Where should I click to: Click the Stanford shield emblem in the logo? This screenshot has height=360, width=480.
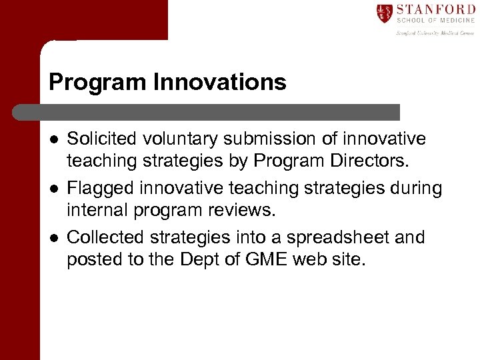(384, 13)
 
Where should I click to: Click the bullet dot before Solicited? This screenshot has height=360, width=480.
(53, 139)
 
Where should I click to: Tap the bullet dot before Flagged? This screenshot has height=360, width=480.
(53, 189)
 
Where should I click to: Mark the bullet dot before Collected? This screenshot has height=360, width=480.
(53, 239)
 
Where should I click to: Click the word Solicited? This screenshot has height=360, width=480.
(99, 139)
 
